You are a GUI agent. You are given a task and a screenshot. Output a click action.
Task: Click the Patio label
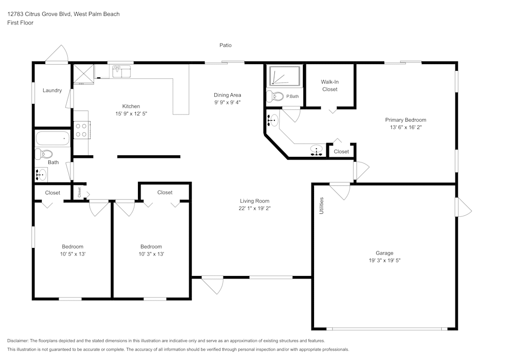click(225, 45)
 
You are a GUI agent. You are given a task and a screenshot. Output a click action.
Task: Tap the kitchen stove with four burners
click(82, 129)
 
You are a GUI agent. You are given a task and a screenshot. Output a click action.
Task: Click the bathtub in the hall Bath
click(52, 138)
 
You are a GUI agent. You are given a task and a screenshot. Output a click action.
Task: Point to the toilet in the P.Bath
click(275, 96)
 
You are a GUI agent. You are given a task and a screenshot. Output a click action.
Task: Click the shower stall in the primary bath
click(285, 75)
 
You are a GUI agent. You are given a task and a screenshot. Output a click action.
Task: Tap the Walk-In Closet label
click(329, 86)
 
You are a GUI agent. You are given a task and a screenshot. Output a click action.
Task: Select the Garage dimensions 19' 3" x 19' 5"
click(384, 260)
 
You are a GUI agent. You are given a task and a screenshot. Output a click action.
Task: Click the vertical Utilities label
click(321, 205)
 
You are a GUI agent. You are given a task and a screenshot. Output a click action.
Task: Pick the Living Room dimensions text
click(254, 208)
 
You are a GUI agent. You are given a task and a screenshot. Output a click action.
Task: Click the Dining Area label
click(227, 95)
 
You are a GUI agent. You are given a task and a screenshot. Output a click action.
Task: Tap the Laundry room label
click(52, 91)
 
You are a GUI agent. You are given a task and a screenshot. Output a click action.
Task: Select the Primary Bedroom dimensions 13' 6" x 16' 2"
click(405, 127)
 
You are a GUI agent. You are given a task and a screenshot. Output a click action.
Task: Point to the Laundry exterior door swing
click(57, 54)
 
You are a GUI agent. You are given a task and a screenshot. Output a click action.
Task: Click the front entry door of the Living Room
click(213, 284)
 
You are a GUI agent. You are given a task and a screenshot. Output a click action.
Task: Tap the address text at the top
click(64, 14)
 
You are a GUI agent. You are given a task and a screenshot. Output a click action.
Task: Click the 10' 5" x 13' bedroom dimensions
click(72, 254)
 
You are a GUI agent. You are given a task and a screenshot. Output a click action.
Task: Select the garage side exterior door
click(464, 207)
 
